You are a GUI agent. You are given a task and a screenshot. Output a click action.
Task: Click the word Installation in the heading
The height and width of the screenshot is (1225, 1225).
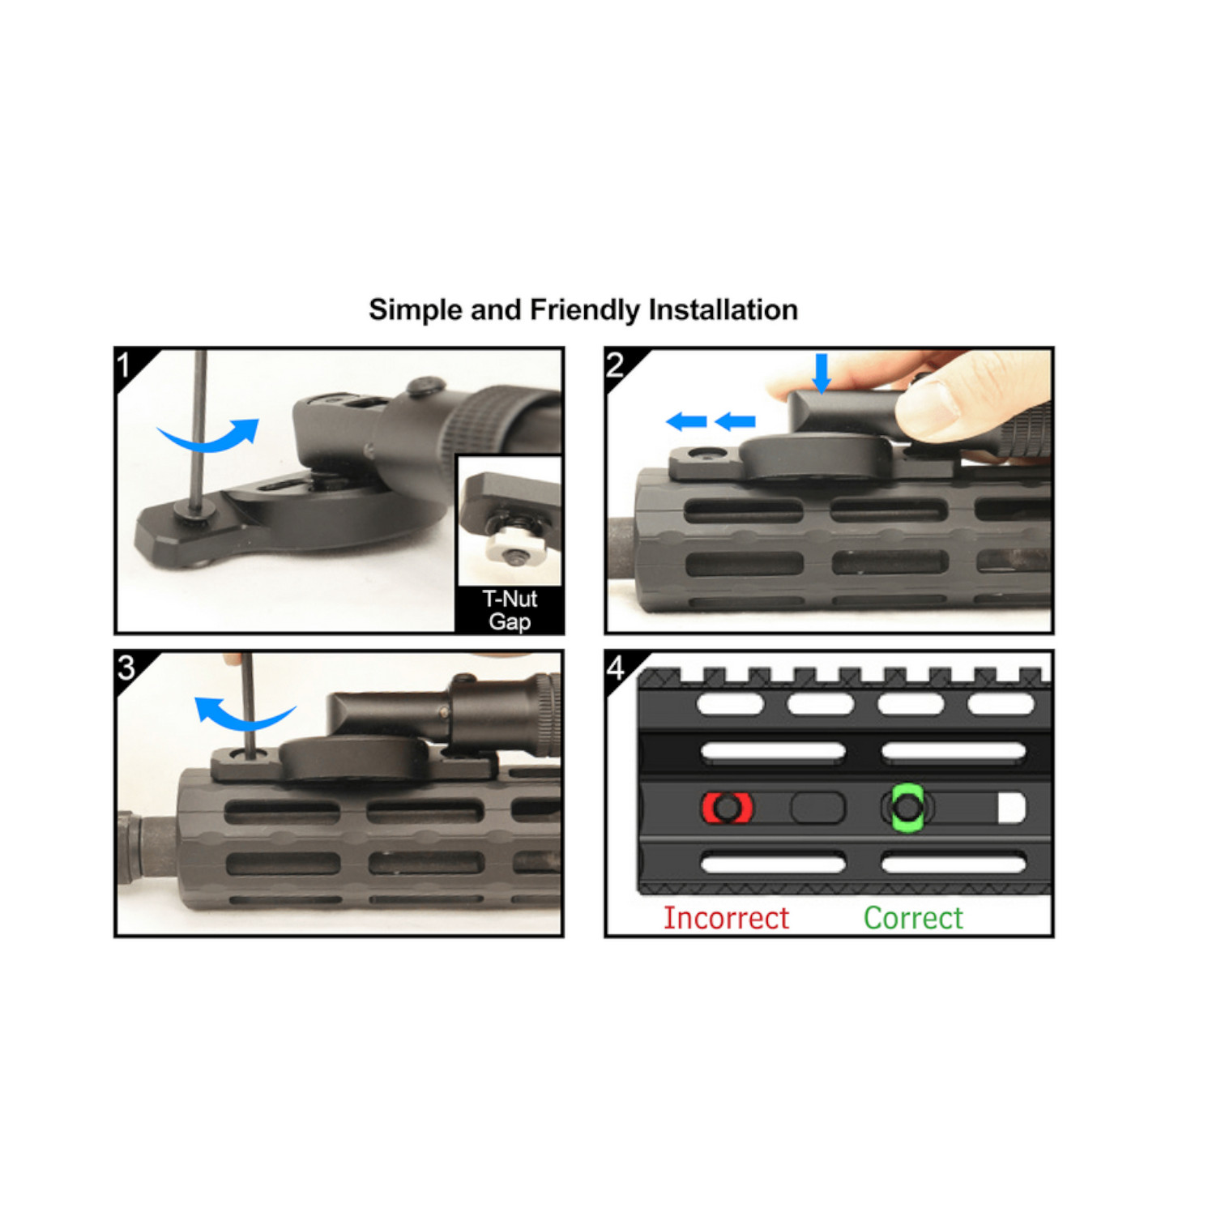723,309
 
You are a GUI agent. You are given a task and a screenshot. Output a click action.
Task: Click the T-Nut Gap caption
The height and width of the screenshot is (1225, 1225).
510,610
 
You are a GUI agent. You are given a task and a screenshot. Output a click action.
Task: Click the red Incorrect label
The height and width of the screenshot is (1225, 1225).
726,918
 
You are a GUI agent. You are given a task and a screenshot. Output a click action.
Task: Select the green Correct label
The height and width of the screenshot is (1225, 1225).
913,918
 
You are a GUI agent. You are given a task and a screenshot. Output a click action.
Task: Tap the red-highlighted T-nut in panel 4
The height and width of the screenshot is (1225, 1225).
727,808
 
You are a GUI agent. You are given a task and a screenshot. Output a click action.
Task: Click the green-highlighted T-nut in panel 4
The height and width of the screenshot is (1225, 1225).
907,807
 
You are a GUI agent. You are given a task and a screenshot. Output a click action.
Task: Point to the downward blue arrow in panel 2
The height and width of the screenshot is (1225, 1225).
822,373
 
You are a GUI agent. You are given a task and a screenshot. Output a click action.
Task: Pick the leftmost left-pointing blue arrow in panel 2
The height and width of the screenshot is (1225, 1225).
686,421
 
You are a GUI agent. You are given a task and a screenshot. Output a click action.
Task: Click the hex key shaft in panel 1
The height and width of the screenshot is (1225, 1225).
198,429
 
